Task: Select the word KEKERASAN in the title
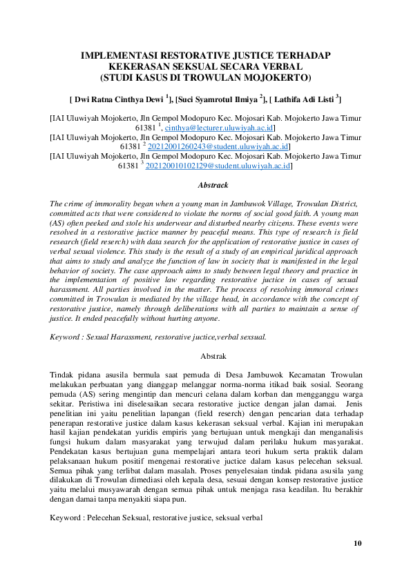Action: pyautogui.click(x=146, y=66)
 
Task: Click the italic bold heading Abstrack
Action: pyautogui.click(x=213, y=185)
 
